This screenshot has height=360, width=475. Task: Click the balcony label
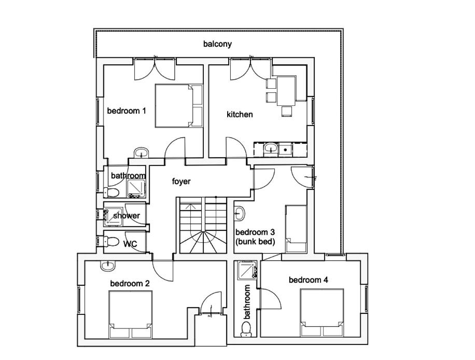217,44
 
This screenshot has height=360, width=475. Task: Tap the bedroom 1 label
127,110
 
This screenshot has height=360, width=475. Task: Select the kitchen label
240,114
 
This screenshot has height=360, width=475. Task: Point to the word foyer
181,181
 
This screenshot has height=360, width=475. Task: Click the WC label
130,244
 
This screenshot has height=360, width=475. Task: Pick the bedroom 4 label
309,280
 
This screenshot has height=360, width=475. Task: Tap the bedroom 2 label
130,284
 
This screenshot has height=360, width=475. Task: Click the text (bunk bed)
255,242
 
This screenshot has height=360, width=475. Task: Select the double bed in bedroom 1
179,106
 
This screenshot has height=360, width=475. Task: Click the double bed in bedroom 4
322,312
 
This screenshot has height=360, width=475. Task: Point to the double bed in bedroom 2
130,314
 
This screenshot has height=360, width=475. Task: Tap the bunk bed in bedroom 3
296,229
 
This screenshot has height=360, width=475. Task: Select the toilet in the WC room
110,242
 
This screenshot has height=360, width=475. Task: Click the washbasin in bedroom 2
108,266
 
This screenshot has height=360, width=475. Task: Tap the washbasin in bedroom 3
240,214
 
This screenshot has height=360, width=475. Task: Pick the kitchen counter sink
270,148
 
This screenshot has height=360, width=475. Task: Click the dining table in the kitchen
286,91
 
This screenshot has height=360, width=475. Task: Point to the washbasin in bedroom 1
142,152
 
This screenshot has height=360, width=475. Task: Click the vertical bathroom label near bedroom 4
247,301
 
